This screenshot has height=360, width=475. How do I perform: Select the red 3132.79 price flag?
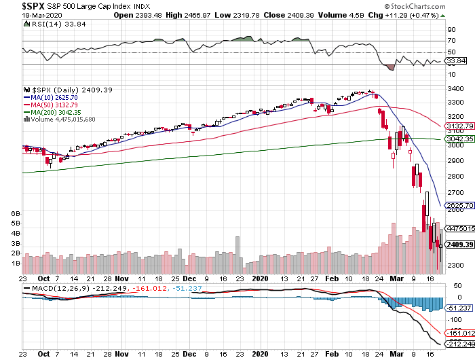coord(459,126)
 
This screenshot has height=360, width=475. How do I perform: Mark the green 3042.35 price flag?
coord(459,139)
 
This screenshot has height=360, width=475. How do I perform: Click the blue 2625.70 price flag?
coord(459,205)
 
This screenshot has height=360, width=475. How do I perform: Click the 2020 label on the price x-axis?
coord(261,278)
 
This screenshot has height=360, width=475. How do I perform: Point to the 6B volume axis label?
coord(14,213)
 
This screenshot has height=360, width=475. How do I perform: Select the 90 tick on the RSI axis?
coord(451,30)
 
